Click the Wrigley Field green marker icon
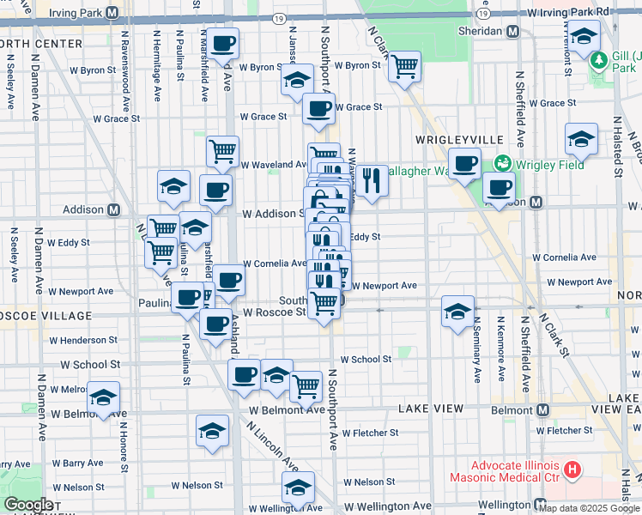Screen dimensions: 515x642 tap(502, 162)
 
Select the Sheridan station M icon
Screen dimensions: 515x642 tap(513, 31)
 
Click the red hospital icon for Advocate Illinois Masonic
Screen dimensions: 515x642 tap(572, 471)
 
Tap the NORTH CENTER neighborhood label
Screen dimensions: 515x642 tap(27, 44)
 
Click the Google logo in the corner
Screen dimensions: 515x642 tap(27, 505)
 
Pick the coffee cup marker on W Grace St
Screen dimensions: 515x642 tap(318, 109)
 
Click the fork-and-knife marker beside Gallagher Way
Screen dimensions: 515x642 tap(371, 180)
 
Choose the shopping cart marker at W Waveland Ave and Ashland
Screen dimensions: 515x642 tap(223, 151)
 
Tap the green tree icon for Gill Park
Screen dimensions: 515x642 tap(599, 59)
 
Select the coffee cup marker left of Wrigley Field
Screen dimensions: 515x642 tap(465, 163)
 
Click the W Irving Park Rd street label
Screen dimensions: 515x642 tap(570, 12)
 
